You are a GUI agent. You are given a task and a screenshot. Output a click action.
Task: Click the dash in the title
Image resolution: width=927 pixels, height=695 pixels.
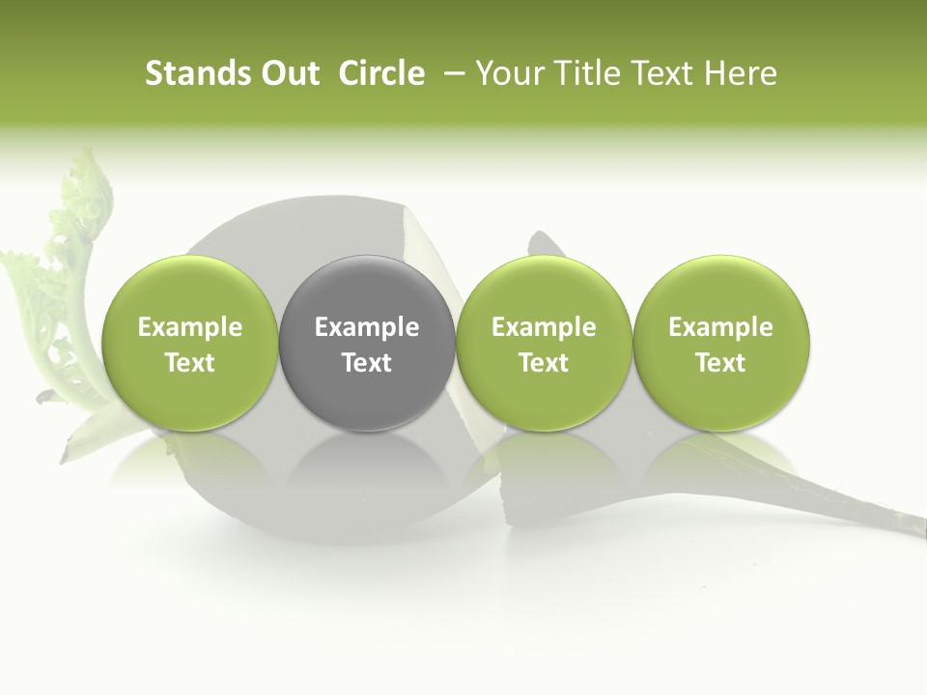point(451,73)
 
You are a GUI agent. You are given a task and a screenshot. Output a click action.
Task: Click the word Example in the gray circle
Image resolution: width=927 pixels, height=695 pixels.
point(367,327)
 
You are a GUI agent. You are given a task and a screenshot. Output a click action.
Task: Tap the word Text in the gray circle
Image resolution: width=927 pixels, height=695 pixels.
point(367,363)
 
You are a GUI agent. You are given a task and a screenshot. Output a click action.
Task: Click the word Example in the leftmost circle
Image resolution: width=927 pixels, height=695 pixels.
point(189,327)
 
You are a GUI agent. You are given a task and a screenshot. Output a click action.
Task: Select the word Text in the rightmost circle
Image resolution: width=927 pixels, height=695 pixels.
point(720,363)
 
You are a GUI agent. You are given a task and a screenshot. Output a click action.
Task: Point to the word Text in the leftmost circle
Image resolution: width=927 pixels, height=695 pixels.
point(189,363)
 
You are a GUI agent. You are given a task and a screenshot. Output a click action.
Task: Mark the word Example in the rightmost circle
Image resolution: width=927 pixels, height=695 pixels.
point(720,327)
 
